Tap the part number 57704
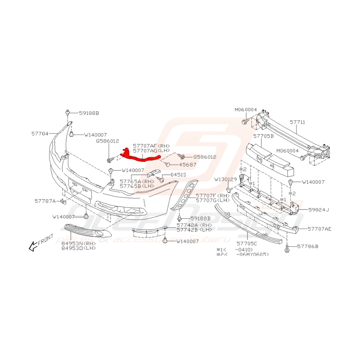coord(40,133)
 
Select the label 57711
coord(297,122)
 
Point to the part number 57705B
coord(263,136)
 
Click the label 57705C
coord(246,244)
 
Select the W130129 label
coord(226,179)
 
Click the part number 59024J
coord(318,210)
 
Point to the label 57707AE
coord(320,229)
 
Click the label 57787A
coord(45,201)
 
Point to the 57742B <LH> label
coord(195,230)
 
